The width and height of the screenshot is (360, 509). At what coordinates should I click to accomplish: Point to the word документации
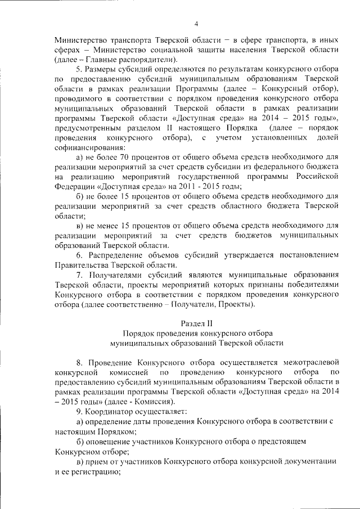click(306, 461)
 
